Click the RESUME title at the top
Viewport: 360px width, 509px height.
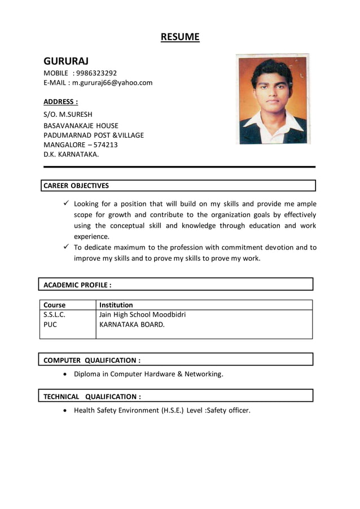coord(180,37)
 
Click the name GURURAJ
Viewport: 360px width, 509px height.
coord(66,60)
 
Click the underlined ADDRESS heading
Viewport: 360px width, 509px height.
coord(60,102)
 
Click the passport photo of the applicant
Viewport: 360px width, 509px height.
coord(273,99)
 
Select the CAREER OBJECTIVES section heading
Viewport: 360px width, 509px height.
coord(76,185)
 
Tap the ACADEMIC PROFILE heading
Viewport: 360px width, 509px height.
coord(77,284)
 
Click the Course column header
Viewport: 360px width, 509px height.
coord(54,305)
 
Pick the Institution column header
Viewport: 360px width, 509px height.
coord(116,305)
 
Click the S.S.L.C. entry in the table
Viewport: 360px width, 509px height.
coord(54,314)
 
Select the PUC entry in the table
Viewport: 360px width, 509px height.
coord(50,324)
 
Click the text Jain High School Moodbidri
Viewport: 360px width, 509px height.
coord(142,314)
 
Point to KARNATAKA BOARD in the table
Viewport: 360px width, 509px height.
coord(132,324)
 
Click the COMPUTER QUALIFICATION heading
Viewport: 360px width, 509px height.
coord(92,360)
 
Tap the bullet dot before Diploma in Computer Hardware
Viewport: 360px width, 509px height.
coord(67,374)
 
